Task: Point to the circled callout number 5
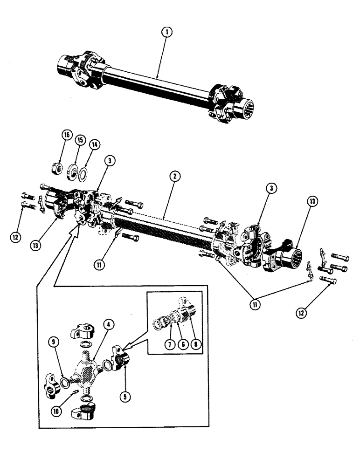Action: tap(124, 397)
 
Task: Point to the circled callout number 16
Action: tap(66, 135)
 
